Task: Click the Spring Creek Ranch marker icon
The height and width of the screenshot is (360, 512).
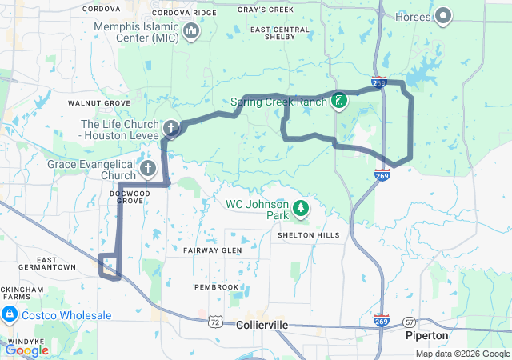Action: [x=340, y=101]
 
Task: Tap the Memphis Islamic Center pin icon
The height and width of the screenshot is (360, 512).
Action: [x=191, y=31]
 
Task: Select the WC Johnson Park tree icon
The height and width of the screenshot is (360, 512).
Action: [x=301, y=210]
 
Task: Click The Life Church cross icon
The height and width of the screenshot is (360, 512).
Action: [x=170, y=127]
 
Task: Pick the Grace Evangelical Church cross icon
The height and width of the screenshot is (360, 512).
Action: [x=148, y=168]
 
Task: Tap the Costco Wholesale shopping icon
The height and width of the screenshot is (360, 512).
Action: [x=10, y=315]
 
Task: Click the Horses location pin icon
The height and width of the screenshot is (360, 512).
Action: [x=442, y=15]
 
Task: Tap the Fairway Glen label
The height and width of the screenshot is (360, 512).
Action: [x=212, y=250]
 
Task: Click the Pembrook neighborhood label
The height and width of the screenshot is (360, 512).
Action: [x=217, y=286]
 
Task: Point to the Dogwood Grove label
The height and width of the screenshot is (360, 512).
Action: [x=129, y=197]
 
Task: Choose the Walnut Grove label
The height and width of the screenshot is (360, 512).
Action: [x=98, y=103]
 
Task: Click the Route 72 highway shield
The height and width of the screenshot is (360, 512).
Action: [x=214, y=322]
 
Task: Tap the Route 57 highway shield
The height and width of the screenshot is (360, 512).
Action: [x=410, y=322]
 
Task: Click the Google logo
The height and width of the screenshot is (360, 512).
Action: [x=26, y=350]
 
